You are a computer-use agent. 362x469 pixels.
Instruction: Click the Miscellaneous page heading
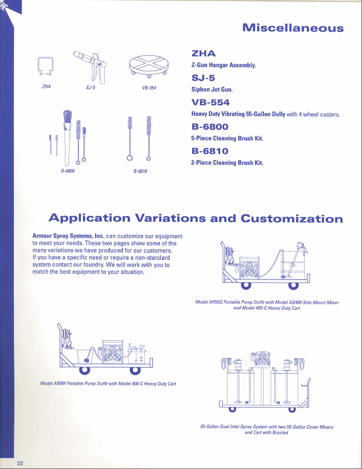[x=292, y=28]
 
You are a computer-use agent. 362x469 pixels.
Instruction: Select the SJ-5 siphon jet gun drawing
[x=92, y=66]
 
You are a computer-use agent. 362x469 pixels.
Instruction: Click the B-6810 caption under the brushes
[x=140, y=170]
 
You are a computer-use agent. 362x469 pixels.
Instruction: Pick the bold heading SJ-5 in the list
[x=203, y=79]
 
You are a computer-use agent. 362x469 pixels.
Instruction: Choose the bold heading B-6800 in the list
[x=210, y=127]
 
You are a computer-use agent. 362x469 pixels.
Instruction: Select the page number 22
[x=20, y=462]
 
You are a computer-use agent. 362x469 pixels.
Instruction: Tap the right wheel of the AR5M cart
[x=135, y=368]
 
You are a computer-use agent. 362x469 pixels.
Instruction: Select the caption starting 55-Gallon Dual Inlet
[x=266, y=427]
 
